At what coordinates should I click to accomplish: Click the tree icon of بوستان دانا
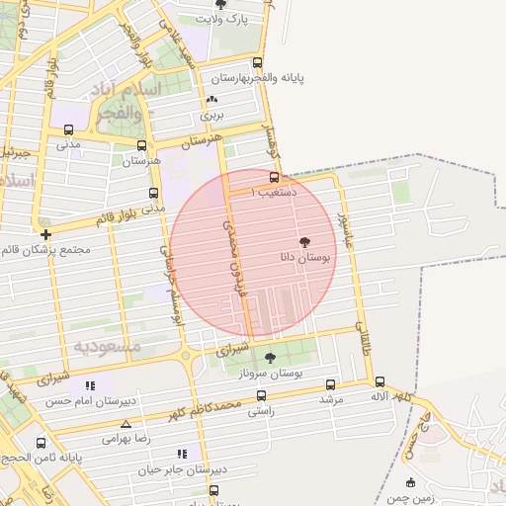point(303,242)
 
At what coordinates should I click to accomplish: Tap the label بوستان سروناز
point(270,373)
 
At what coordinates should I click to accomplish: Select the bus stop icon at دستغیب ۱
point(274,178)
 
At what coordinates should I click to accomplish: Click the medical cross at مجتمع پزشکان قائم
point(45,234)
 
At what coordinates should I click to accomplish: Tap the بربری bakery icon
point(212,100)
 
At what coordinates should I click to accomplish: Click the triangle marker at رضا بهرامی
point(125,423)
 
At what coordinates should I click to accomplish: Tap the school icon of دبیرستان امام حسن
point(91,386)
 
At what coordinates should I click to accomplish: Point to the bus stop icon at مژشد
point(330,384)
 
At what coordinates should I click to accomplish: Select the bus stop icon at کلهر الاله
point(380,381)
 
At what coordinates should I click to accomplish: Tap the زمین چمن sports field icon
point(410,483)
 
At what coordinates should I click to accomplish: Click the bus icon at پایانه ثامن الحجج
point(41,443)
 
